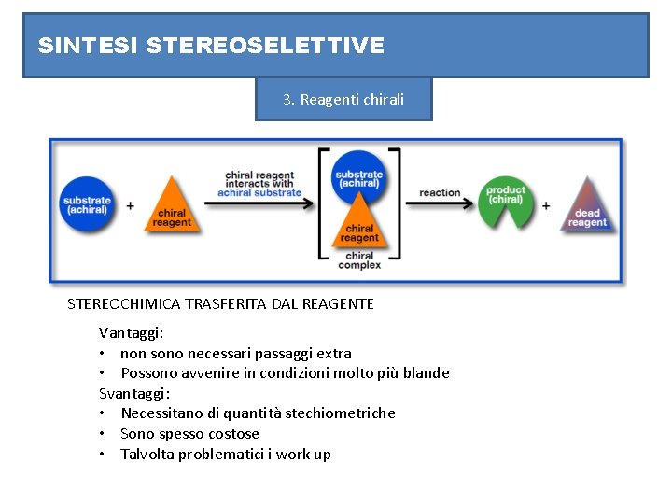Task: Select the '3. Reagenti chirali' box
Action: pyautogui.click(x=343, y=99)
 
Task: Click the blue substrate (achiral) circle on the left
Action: pyautogui.click(x=87, y=204)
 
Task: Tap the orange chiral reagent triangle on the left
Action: pyautogui.click(x=172, y=209)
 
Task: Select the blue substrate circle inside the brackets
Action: pyautogui.click(x=359, y=178)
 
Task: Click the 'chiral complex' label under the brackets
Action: pyautogui.click(x=359, y=260)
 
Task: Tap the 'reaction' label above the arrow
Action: pyautogui.click(x=440, y=193)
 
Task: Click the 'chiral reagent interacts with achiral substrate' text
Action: pyautogui.click(x=259, y=183)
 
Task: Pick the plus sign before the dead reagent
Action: pyautogui.click(x=546, y=204)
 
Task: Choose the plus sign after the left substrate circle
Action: pyautogui.click(x=130, y=204)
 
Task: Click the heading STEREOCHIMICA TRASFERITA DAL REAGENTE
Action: pyautogui.click(x=220, y=303)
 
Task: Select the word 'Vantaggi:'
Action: pyautogui.click(x=132, y=332)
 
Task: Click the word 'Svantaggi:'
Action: pyautogui.click(x=134, y=393)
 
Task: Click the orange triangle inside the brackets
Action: pyautogui.click(x=359, y=227)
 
